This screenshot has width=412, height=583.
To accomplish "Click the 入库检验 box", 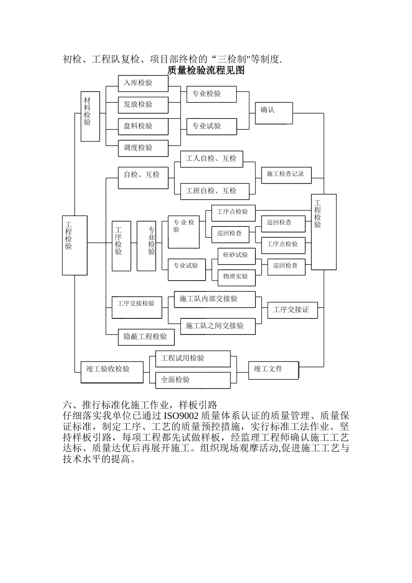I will coord(143,83).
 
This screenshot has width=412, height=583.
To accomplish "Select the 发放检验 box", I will coord(143,105).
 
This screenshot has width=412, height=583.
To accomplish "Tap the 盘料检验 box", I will coord(143,127).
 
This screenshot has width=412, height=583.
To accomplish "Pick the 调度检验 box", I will coord(143,148).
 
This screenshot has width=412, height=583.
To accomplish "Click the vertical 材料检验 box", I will coord(90,116).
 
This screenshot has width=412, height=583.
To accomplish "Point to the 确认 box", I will coord(274,113).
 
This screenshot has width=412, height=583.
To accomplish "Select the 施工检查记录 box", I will coord(286,174).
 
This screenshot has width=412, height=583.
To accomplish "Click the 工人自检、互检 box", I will coord(211,159).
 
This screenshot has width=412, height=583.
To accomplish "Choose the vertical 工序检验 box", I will coord(121,246).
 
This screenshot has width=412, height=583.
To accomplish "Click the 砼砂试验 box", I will coord(236,256).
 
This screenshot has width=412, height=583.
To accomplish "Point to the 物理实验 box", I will coord(236,277).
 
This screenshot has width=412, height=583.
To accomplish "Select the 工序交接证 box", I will coord(292,310).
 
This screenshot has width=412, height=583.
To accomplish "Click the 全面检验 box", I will coord(193,380).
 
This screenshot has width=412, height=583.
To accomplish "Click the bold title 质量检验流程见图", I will coord(206,70).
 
